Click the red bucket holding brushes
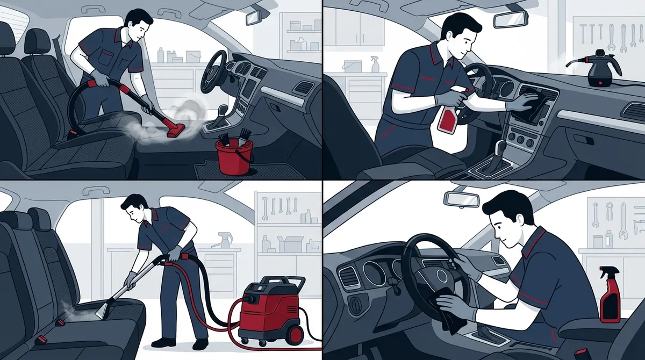[234, 157]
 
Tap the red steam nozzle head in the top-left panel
[175, 129]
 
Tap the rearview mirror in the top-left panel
[253, 17]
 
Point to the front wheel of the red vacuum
[294, 335]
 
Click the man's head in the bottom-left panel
[134, 207]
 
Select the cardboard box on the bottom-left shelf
[291, 244]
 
